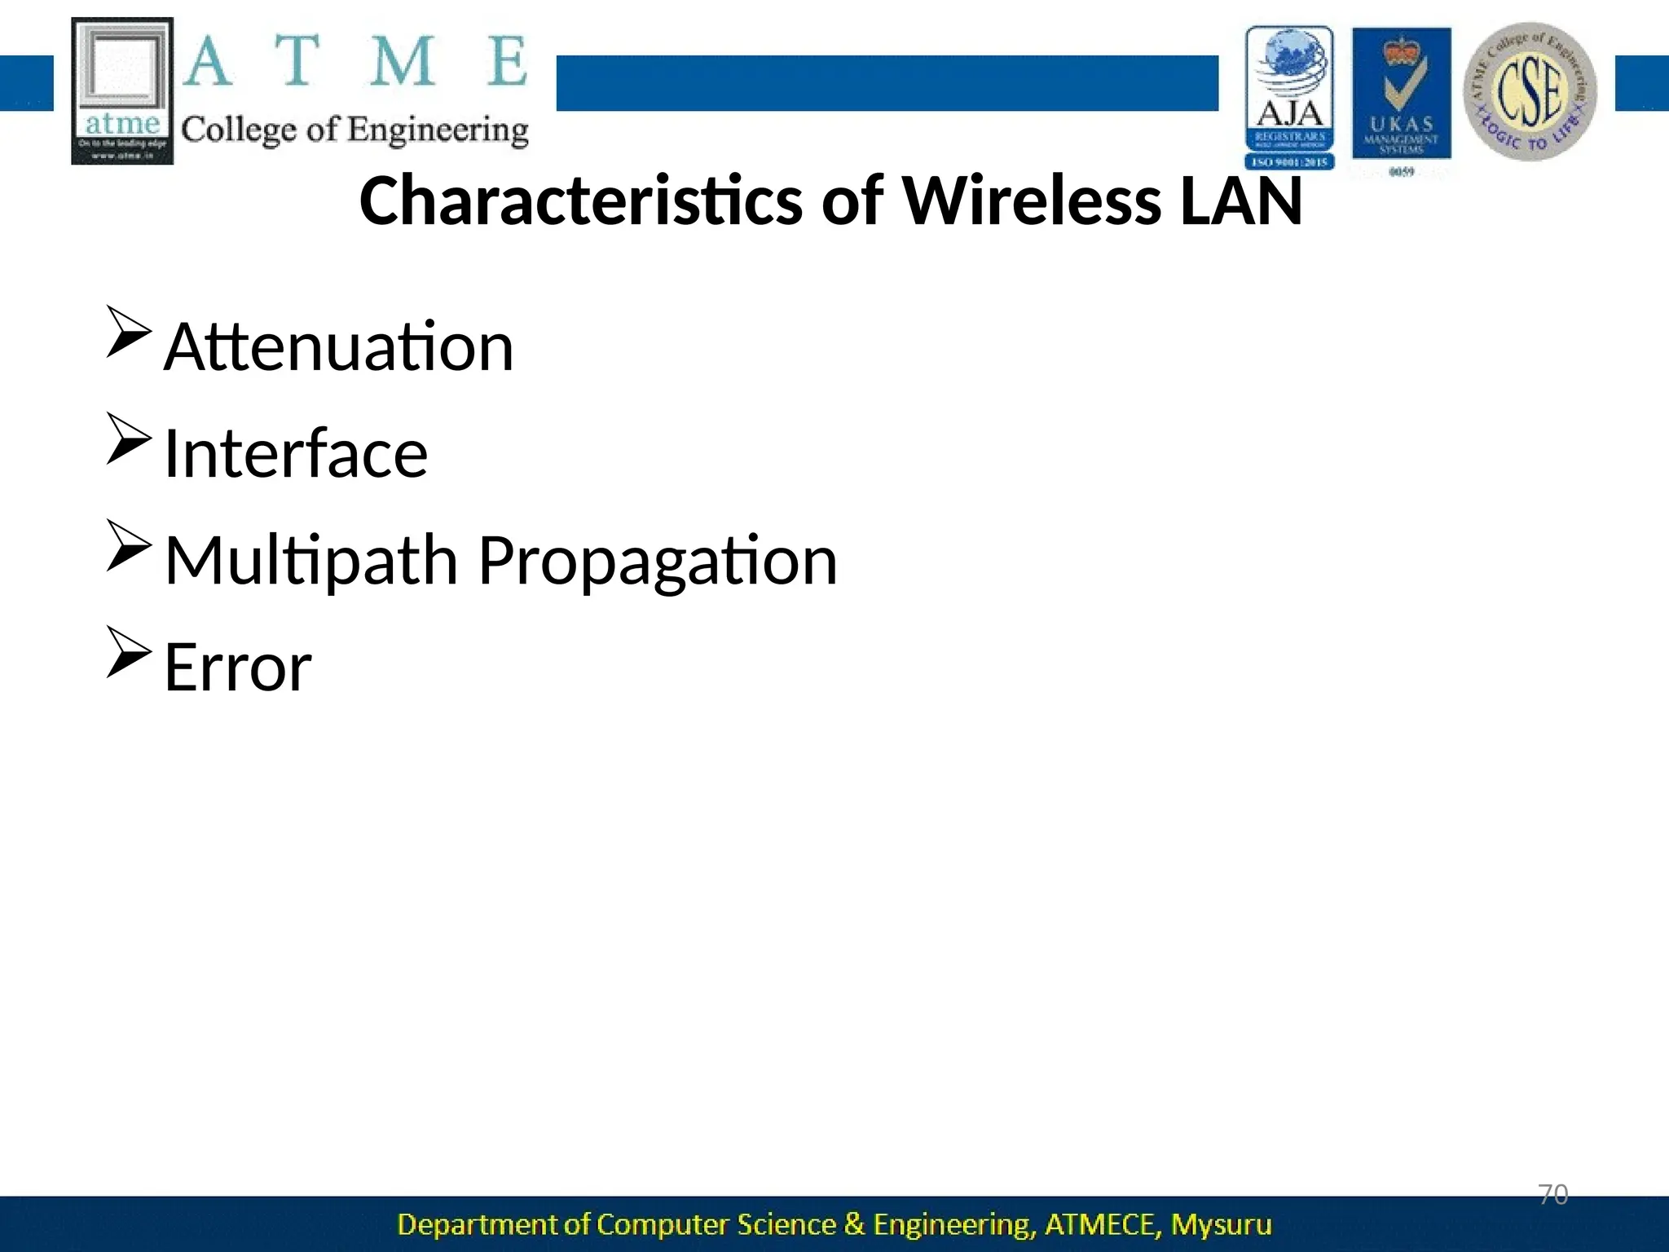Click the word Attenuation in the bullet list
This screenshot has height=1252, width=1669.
(x=338, y=347)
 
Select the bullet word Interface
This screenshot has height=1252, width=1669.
(x=295, y=454)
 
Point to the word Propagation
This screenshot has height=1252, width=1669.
(x=657, y=562)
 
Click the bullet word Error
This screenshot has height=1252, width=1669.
(x=237, y=668)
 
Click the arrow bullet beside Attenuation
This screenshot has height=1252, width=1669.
(x=129, y=332)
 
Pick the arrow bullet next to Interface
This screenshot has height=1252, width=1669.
(x=129, y=439)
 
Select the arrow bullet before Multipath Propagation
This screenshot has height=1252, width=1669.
(x=129, y=545)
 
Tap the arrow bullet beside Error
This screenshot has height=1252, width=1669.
(x=129, y=652)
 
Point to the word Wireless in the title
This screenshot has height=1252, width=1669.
(x=1031, y=201)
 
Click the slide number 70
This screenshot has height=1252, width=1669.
(x=1552, y=1195)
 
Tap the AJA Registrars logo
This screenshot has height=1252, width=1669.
(x=1289, y=97)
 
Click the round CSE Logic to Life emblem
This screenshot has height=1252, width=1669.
(x=1530, y=91)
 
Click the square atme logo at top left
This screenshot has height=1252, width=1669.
(x=122, y=90)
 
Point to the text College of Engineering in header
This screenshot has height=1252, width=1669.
(x=354, y=130)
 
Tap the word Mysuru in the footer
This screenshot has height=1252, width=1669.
(x=1221, y=1225)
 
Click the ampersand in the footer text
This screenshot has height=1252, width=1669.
(x=854, y=1225)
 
